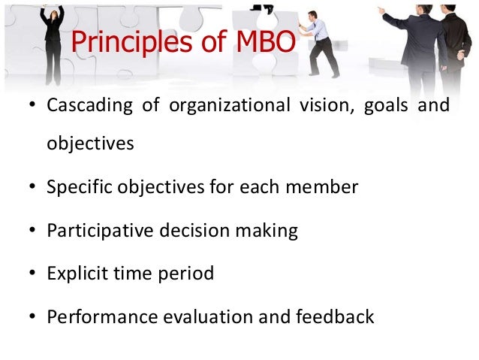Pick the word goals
385,104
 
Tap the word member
326,186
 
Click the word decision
191,230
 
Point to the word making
267,230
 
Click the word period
187,274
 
